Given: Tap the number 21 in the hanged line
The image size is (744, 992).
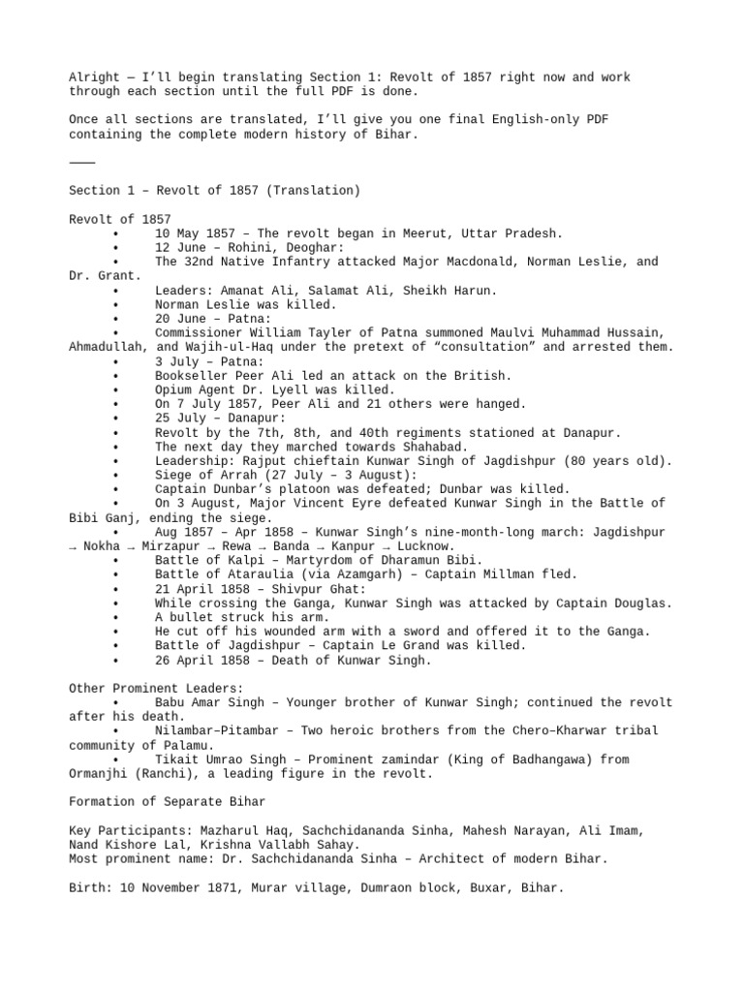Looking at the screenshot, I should (x=354, y=404).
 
